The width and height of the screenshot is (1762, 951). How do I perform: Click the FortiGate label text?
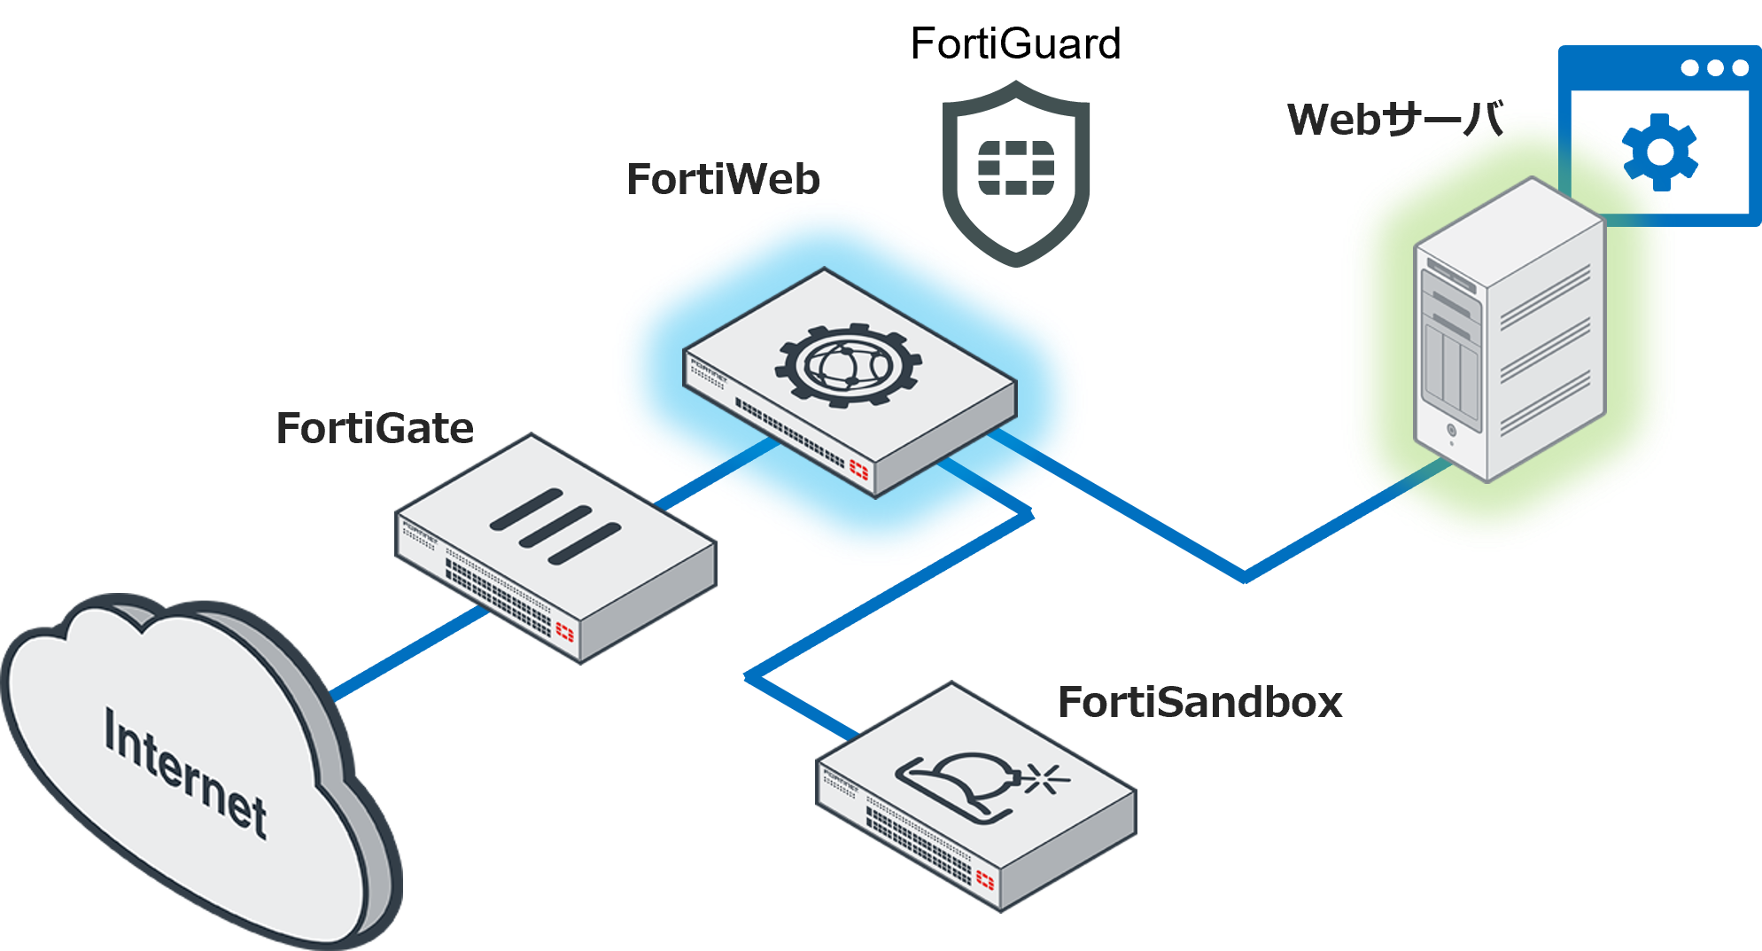[x=375, y=428]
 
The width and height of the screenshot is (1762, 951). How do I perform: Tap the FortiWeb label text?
[x=723, y=179]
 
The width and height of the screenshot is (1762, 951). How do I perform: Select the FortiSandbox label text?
[x=1200, y=702]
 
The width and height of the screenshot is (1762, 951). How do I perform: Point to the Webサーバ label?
[x=1395, y=120]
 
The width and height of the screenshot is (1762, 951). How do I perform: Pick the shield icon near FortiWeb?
[x=1016, y=172]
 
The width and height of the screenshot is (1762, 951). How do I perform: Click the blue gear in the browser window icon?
[x=1661, y=152]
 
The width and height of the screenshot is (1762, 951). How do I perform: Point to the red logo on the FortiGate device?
[x=564, y=631]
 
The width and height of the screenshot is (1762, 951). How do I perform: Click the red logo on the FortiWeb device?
[x=858, y=469]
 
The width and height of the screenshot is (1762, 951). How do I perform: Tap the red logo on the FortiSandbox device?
[x=985, y=879]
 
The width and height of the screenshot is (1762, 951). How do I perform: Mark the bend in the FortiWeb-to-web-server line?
[x=1245, y=576]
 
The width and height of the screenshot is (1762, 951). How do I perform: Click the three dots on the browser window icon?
[x=1716, y=68]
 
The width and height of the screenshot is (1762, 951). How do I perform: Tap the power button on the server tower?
[x=1451, y=431]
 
